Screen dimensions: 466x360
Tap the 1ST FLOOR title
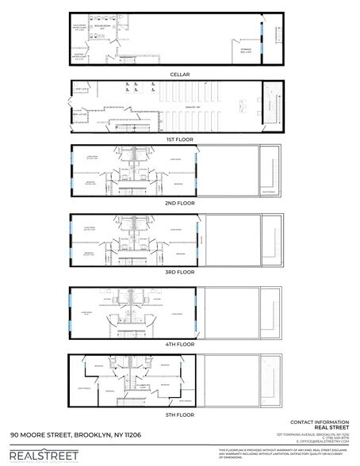coord(179,138)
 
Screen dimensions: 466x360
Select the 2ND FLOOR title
coord(179,203)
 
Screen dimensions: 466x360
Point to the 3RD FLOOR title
coord(179,271)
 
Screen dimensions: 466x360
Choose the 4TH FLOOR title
coord(179,343)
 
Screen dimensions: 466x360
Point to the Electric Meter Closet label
coord(80,56)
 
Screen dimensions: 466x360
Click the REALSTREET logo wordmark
coord(44,455)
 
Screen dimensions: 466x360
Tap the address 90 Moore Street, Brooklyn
coord(76,436)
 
